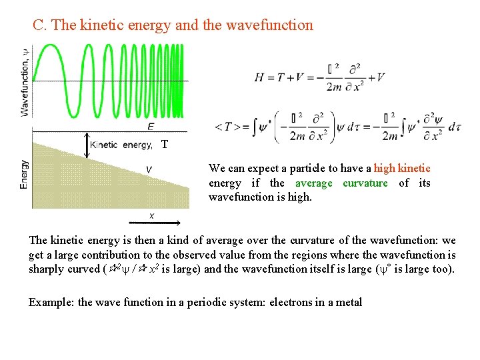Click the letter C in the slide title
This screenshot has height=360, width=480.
click(x=39, y=25)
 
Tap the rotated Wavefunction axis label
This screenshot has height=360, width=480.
click(x=25, y=81)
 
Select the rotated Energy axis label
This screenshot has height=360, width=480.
click(x=25, y=174)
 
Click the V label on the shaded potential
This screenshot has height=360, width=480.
click(x=148, y=170)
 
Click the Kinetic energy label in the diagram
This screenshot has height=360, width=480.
click(x=120, y=145)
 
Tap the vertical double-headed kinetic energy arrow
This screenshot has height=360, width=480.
click(x=87, y=145)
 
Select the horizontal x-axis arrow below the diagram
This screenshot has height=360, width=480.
click(x=153, y=221)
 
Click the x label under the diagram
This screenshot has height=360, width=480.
click(x=153, y=215)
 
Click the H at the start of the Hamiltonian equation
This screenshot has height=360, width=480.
click(x=259, y=77)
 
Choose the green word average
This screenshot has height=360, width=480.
click(x=313, y=183)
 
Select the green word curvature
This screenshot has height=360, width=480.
click(x=365, y=183)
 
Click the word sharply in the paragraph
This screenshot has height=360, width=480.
click(x=46, y=269)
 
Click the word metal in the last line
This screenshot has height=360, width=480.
click(x=349, y=302)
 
